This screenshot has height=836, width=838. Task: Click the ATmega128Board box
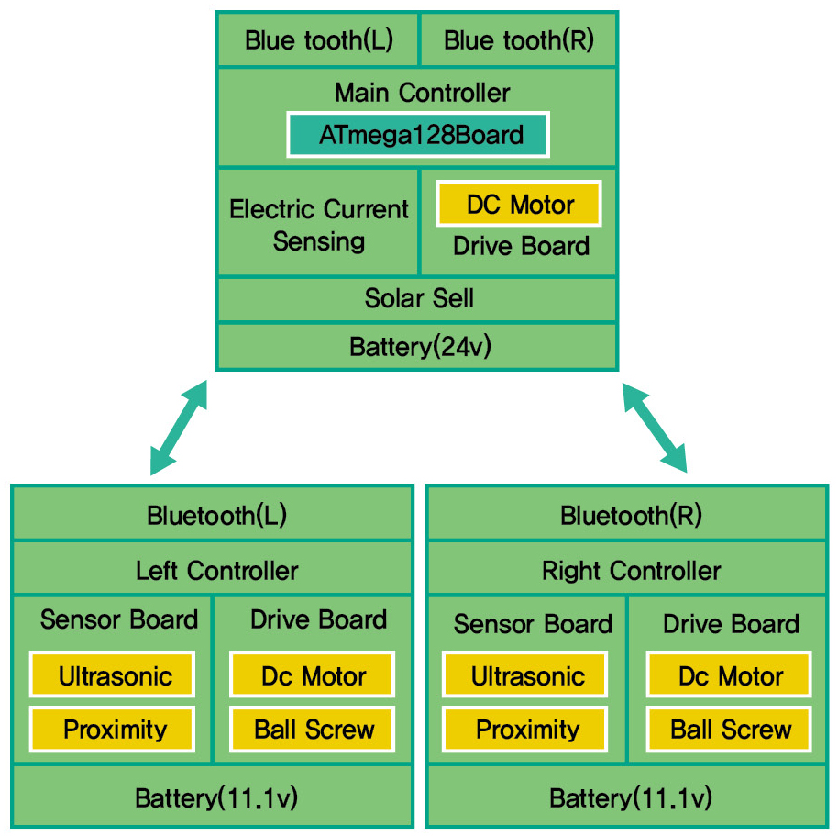pos(418,135)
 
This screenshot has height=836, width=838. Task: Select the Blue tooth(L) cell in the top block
pos(318,39)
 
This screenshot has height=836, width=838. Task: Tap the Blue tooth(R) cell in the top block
pos(518,39)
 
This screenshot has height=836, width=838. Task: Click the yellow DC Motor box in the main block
pos(519,204)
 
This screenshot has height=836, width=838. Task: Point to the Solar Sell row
pos(417,298)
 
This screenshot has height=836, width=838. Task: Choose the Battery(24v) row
pos(417,346)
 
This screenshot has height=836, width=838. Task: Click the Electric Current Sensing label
pos(318,225)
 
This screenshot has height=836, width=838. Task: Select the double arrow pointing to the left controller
pos(179,428)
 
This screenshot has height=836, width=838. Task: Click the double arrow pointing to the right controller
pos(655,428)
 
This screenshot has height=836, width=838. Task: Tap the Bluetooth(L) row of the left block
pos(212,515)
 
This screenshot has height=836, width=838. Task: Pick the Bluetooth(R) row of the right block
pos(628,515)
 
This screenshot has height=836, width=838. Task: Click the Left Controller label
pos(216,571)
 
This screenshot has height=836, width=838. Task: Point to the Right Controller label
pos(631,571)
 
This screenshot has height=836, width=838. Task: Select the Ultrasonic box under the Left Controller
pos(112,674)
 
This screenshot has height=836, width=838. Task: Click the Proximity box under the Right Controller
pos(524,729)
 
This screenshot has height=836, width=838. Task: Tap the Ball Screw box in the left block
pos(313,729)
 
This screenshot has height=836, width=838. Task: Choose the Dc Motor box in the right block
pos(729,674)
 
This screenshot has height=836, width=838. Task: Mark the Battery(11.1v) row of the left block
pos(212,796)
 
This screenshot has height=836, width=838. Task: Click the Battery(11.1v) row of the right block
pos(628,796)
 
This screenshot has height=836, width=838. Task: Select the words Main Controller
pos(422,93)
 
